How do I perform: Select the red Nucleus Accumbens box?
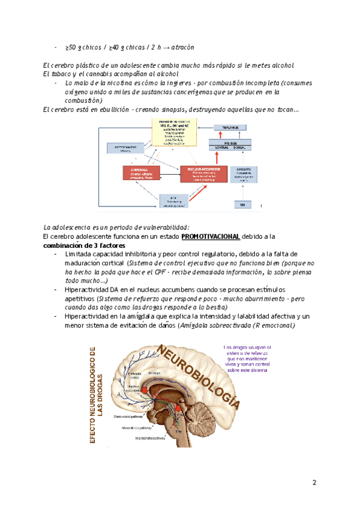(x=203, y=174)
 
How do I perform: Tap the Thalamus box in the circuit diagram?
(x=230, y=128)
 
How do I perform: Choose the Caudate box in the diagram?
(x=243, y=174)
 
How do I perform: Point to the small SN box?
(x=243, y=205)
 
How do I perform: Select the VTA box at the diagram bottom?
(x=174, y=202)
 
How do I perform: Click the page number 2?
(x=314, y=483)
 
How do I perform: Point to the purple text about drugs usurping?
(x=247, y=359)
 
